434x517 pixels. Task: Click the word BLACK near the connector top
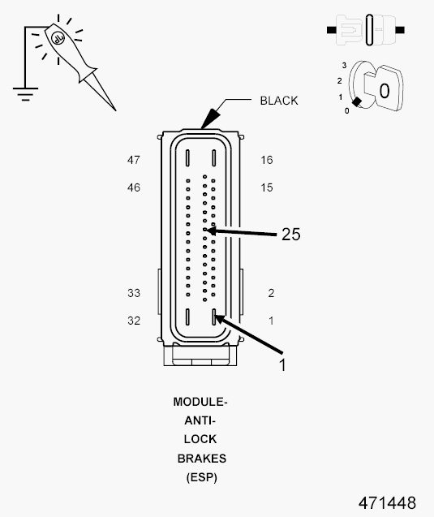coord(279,101)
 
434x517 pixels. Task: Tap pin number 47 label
coord(134,160)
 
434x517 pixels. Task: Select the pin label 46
coord(134,187)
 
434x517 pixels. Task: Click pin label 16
coord(267,160)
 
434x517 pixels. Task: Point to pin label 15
coord(267,187)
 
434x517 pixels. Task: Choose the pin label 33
coord(134,293)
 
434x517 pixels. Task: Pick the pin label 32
coord(134,321)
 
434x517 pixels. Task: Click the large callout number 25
coord(291,235)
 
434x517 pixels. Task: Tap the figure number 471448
coord(387,503)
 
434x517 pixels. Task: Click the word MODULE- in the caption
coord(200,402)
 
